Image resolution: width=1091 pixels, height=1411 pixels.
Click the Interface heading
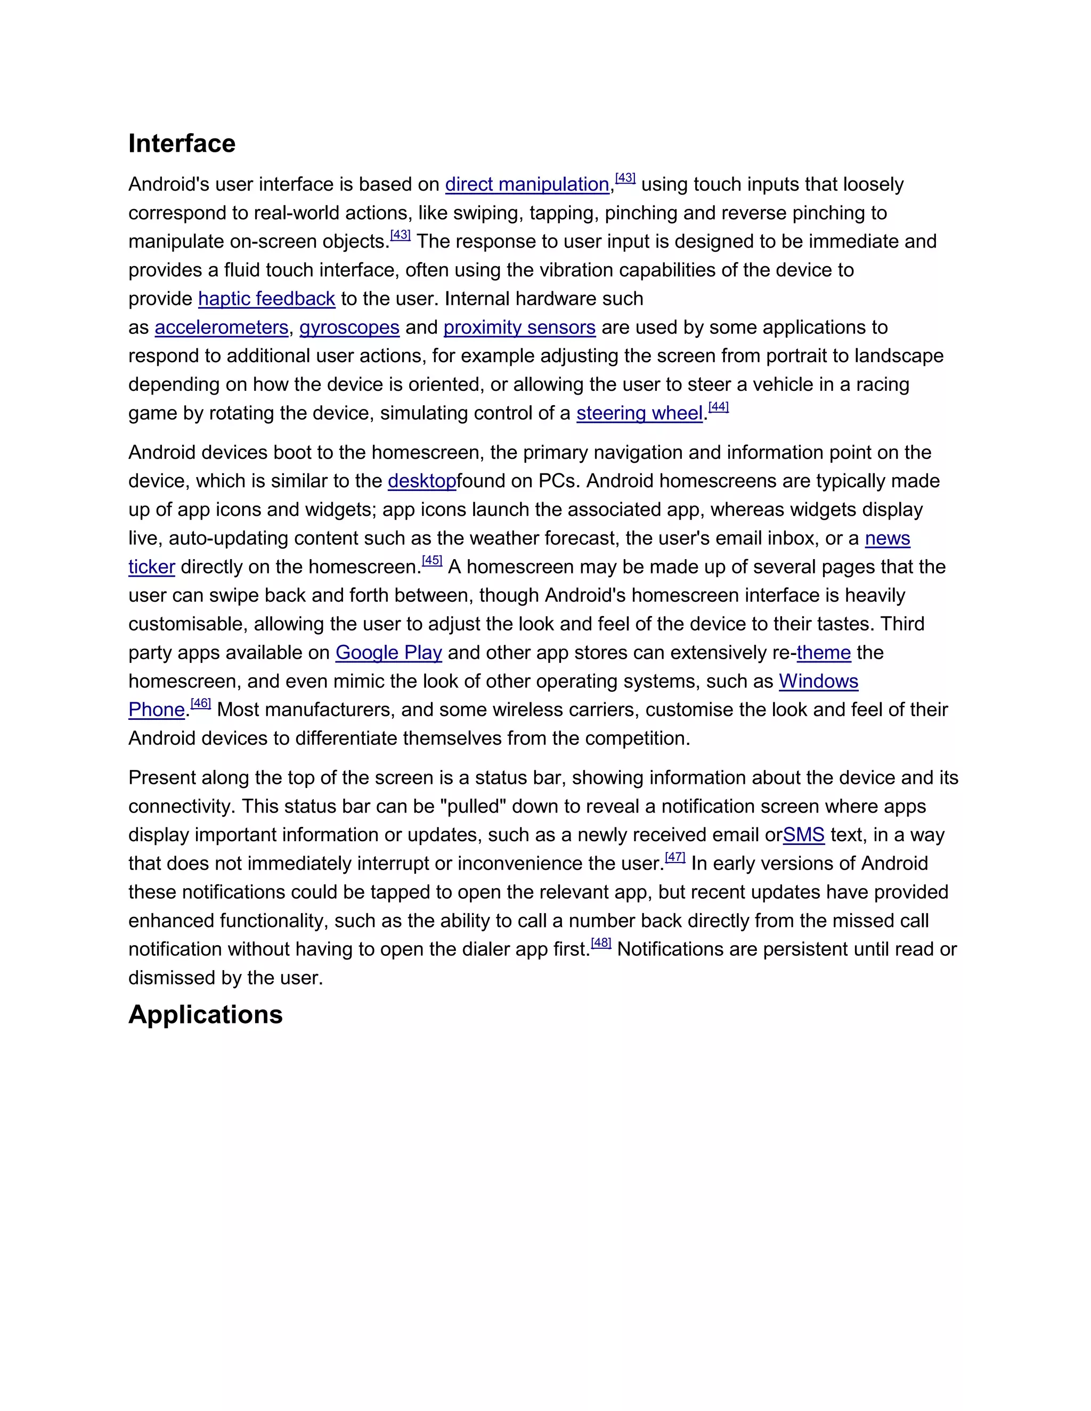click(182, 143)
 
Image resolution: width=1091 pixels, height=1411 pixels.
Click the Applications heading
click(206, 1014)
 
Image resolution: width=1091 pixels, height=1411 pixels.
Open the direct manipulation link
click(527, 185)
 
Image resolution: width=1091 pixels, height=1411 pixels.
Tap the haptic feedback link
click(266, 299)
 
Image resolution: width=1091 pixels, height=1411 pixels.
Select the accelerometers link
click(221, 327)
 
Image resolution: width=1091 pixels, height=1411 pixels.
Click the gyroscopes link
click(349, 327)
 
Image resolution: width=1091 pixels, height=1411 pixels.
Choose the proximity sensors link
click(519, 327)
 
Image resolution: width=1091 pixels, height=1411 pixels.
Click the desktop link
click(421, 481)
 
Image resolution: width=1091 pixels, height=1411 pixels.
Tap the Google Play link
click(388, 653)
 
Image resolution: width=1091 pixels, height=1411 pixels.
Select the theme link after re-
click(824, 653)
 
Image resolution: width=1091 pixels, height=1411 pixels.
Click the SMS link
click(803, 835)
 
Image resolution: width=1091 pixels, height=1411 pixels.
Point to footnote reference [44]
click(719, 407)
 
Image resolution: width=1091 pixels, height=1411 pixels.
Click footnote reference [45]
click(431, 561)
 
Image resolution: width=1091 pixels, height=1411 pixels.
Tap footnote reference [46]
click(200, 703)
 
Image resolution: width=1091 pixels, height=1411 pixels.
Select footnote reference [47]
click(675, 857)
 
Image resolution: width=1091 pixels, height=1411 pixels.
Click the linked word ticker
click(151, 567)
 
